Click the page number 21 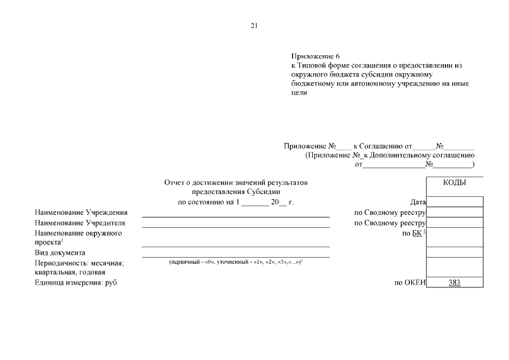coord(254,26)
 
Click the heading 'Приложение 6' coord(316,56)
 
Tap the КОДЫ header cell coord(454,182)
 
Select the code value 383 coord(454,282)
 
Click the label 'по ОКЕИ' coord(410,282)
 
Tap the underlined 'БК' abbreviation coord(416,233)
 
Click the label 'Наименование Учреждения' coord(81,213)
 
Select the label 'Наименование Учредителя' coord(80,223)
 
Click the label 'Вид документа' coord(60,253)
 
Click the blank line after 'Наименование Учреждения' coord(235,216)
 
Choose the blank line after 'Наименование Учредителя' coord(235,226)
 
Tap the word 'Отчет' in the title coord(174,183)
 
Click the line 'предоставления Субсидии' coord(236,192)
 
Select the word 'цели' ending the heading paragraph coord(299,92)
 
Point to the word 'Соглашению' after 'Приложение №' coord(385,146)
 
